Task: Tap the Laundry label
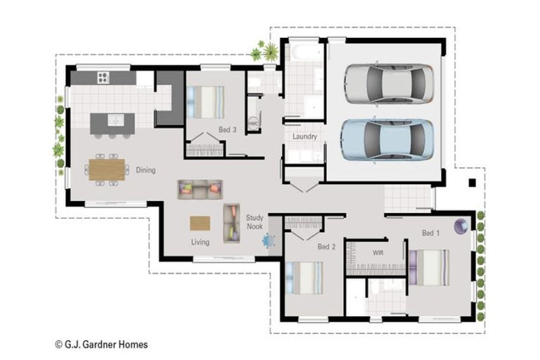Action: coord(304,136)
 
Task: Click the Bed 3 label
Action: coord(227,130)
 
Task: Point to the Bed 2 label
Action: coord(326,247)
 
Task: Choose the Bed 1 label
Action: coord(430,233)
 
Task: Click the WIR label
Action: coord(378,251)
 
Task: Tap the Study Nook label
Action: coord(255,223)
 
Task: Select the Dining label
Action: coord(146,170)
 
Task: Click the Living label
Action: coord(200,243)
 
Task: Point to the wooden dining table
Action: coord(107,169)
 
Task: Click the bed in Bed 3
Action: coord(208,102)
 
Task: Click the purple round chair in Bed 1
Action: coord(461,226)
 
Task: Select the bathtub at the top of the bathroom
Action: coord(304,51)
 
